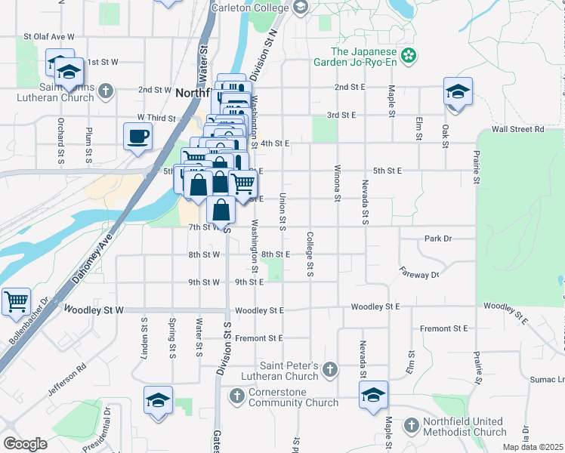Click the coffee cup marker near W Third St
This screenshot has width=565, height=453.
(x=137, y=137)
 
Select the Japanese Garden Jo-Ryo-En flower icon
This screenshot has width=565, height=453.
(x=409, y=55)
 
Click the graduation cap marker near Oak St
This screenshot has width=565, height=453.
(x=458, y=91)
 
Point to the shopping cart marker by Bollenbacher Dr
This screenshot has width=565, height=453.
(x=15, y=302)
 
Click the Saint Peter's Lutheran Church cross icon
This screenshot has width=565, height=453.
(x=329, y=369)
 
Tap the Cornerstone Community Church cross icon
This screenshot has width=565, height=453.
(x=236, y=395)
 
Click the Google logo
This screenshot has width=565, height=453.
(x=25, y=444)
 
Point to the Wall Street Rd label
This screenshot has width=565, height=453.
(x=517, y=129)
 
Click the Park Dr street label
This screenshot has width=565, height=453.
(x=437, y=239)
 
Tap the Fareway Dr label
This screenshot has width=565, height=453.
(x=419, y=275)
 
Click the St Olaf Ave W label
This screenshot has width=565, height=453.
(x=49, y=36)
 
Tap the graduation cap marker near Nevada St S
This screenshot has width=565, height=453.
(x=372, y=396)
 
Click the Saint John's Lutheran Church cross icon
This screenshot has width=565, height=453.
(x=105, y=91)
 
